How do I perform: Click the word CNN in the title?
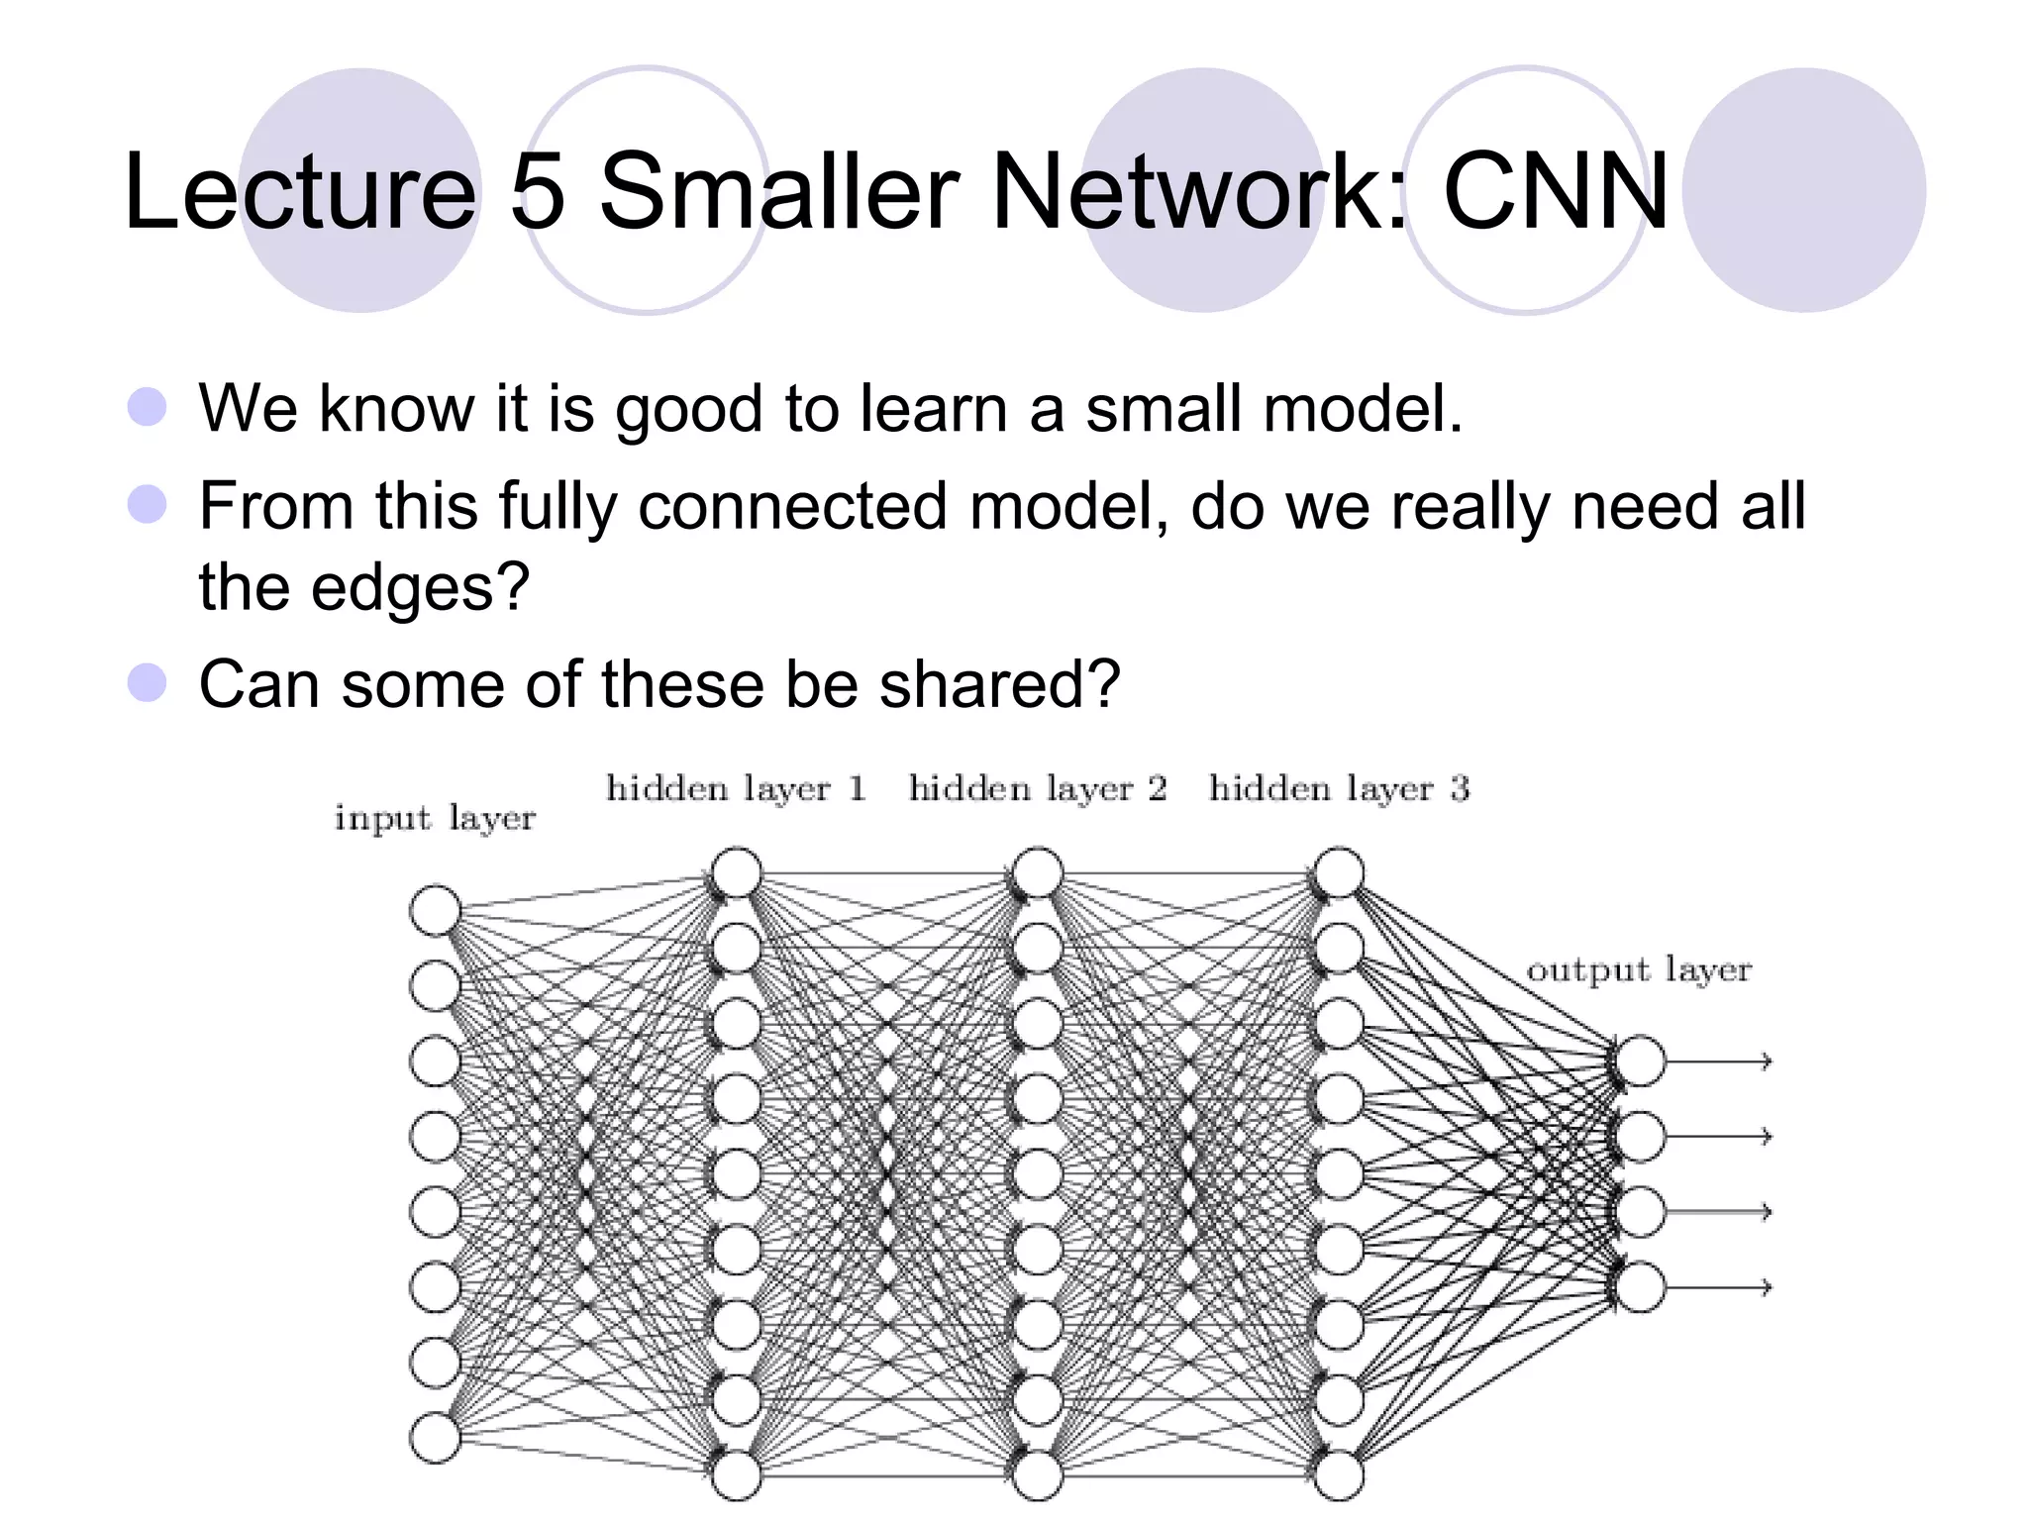(x=1556, y=191)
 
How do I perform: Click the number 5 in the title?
(x=538, y=191)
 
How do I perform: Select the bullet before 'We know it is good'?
(x=148, y=407)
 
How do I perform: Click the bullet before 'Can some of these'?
(x=148, y=683)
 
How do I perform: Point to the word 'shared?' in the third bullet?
(x=999, y=684)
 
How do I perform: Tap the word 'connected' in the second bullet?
(x=792, y=506)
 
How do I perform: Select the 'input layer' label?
(x=435, y=819)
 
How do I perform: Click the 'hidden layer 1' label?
(x=736, y=789)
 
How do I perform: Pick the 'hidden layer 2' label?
(x=1038, y=789)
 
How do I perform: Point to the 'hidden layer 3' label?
(x=1339, y=789)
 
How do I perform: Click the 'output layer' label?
(x=1639, y=969)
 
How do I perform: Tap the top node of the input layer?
(x=435, y=910)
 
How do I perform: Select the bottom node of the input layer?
(x=435, y=1438)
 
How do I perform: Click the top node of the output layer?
(x=1640, y=1062)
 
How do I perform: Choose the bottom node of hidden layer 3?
(x=1339, y=1475)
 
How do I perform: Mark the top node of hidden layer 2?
(x=1038, y=873)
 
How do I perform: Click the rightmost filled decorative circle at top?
(x=1803, y=190)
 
